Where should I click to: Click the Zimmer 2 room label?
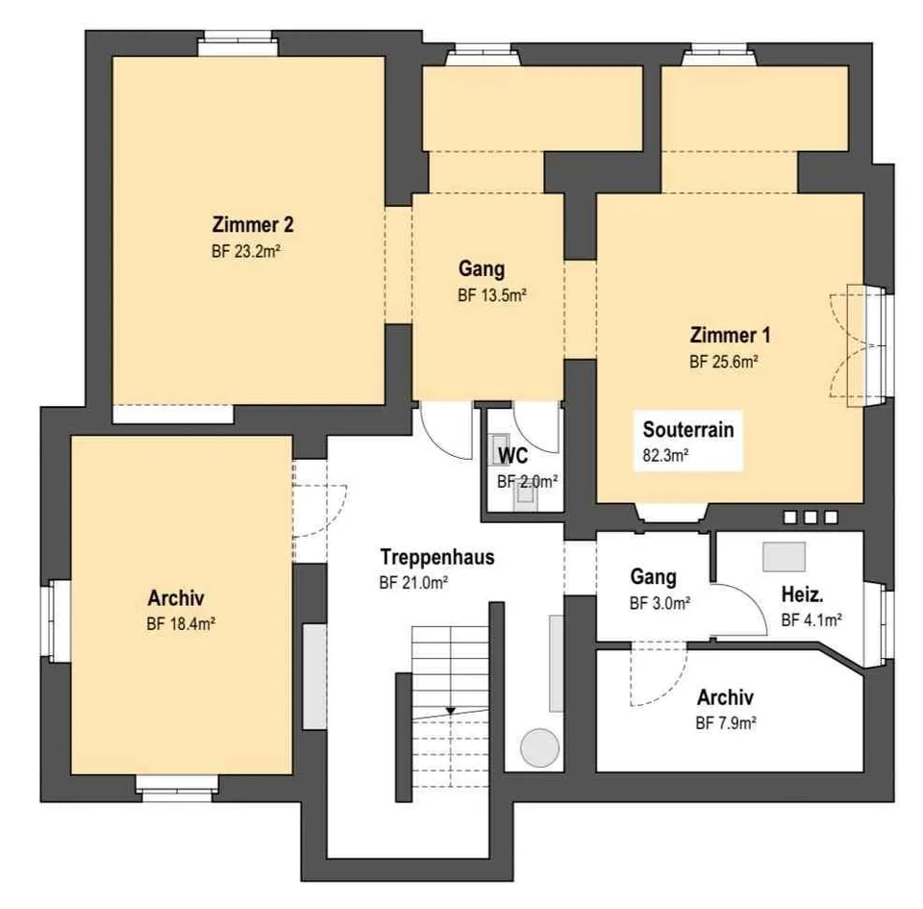coord(253,224)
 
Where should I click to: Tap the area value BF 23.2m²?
coord(245,251)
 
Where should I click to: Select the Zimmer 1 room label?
coord(730,335)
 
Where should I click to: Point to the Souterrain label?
coord(688,429)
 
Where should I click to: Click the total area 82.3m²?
coord(665,455)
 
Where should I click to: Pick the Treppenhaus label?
coord(437,556)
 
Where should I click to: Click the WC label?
coord(512,456)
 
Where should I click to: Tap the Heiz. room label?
coord(802,594)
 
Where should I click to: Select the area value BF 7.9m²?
coord(726,722)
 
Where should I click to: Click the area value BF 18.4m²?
coord(181,623)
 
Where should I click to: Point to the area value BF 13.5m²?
coord(492,295)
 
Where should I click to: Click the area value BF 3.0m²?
coord(660,603)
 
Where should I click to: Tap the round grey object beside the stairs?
coord(539,747)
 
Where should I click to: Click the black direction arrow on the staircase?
coord(450,711)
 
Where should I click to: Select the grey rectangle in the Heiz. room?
coord(785,557)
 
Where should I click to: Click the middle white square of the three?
coord(811,518)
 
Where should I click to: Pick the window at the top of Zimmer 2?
coord(237,45)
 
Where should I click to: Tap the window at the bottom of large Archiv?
coord(177,789)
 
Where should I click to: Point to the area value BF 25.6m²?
coord(723,362)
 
